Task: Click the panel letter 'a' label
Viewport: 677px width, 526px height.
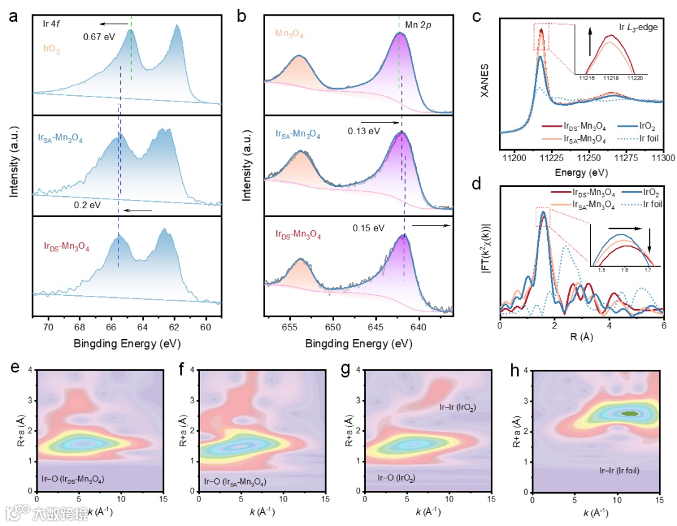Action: click(14, 17)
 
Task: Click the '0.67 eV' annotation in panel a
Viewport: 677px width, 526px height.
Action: click(99, 36)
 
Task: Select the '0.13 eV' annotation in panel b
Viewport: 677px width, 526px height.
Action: click(363, 132)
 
